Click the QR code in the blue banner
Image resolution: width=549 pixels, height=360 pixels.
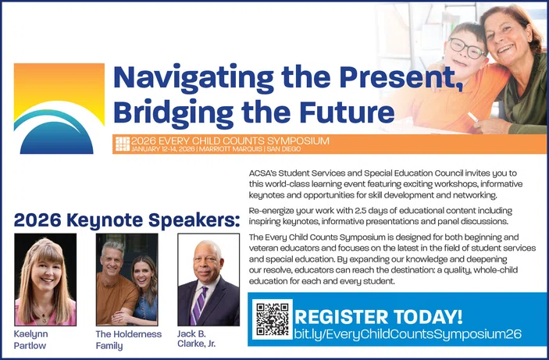click(273, 319)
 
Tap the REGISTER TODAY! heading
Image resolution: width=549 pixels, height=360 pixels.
click(378, 316)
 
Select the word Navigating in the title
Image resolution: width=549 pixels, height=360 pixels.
click(194, 77)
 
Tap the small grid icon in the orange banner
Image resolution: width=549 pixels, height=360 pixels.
click(122, 143)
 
